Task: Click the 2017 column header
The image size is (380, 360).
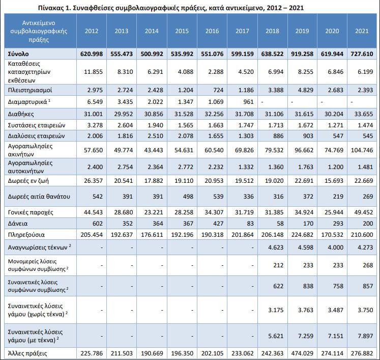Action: (x=242, y=31)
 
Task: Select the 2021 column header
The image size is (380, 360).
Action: (x=362, y=31)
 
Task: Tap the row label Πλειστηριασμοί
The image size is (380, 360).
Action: (x=30, y=90)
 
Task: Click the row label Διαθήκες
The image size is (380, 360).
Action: (x=21, y=114)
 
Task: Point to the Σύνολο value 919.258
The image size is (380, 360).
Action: (x=302, y=54)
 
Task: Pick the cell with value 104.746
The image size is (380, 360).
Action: (x=362, y=150)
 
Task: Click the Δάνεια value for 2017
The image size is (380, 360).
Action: (x=250, y=224)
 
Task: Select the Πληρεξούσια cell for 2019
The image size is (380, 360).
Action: (x=302, y=235)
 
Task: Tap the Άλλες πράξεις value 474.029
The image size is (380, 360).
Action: (x=302, y=353)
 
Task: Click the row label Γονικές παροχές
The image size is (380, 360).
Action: (x=31, y=212)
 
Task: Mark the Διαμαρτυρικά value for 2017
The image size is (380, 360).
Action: (x=248, y=102)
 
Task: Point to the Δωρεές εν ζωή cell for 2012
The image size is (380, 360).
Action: (x=93, y=181)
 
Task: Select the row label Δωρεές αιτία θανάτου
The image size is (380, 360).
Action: (x=39, y=196)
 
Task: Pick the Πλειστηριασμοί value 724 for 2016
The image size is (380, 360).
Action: (x=218, y=90)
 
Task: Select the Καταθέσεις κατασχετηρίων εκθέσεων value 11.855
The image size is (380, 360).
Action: (x=93, y=72)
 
